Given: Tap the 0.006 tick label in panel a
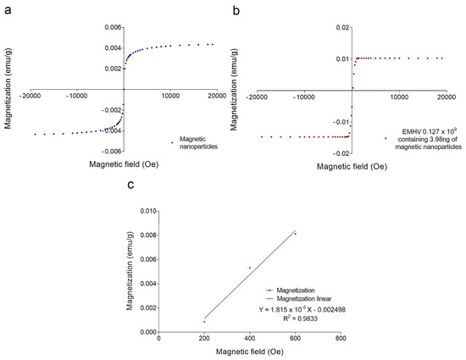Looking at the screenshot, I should coord(109,27).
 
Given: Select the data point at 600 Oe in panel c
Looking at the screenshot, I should coord(296,233).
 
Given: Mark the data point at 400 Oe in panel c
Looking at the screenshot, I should coord(250,268).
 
